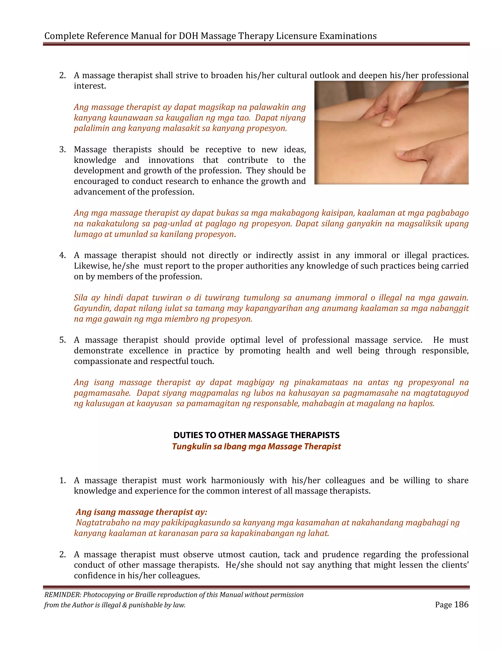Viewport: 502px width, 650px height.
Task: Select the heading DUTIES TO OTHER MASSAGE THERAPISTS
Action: click(x=256, y=435)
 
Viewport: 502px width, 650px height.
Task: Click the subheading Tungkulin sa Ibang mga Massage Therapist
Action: click(x=256, y=446)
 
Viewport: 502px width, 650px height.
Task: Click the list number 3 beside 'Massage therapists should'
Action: click(x=63, y=149)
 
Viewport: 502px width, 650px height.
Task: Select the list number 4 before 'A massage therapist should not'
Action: click(x=63, y=255)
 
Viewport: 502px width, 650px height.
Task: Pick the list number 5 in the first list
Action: click(x=63, y=340)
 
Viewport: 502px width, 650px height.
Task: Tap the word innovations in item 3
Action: click(x=171, y=160)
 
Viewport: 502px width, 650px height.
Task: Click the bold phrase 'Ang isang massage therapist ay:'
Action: click(x=141, y=512)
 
